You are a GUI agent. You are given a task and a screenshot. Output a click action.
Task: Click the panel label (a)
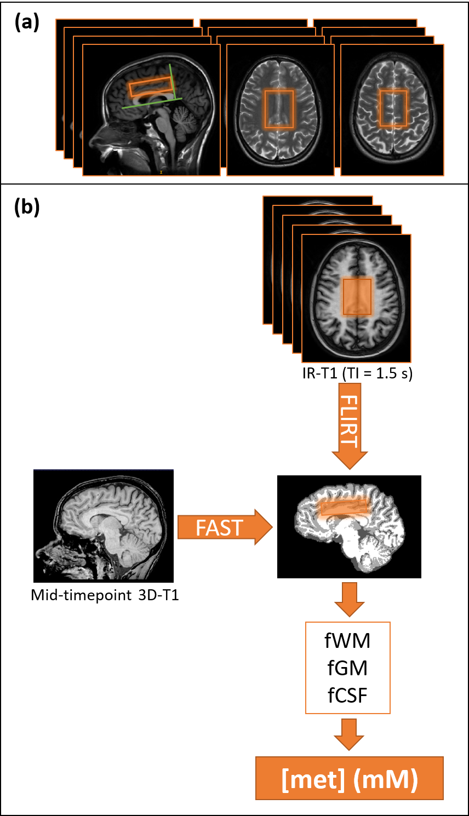coord(27,22)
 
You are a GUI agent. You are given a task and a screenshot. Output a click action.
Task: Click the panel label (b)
coord(27,208)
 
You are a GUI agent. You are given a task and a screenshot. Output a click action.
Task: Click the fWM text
coord(347,640)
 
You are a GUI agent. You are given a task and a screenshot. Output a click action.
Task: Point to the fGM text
coord(347,668)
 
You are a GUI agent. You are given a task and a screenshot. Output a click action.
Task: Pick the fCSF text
coord(347,696)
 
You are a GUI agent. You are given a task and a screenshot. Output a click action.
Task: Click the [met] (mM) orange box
coord(349,778)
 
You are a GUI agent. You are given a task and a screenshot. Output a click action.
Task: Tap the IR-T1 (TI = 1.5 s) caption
coord(357,373)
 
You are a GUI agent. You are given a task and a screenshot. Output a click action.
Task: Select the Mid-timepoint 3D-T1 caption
coord(105,595)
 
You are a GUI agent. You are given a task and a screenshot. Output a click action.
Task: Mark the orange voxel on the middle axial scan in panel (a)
coord(279,110)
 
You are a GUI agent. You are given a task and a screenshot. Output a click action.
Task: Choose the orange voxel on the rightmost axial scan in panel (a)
coord(393,108)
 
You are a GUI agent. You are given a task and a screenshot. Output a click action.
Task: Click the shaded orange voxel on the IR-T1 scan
coord(357,297)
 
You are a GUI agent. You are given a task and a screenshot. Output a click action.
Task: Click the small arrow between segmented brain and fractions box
coord(350,599)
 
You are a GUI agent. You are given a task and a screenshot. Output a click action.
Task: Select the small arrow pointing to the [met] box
coord(350,734)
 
